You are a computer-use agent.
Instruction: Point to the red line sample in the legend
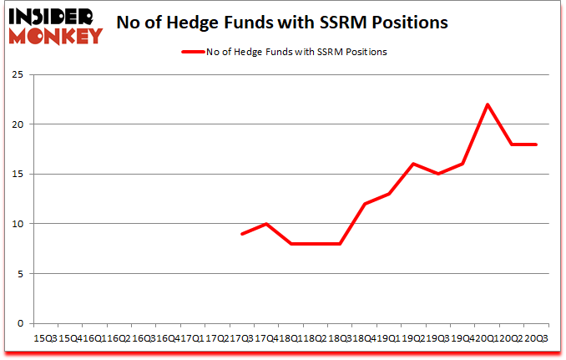click(193, 52)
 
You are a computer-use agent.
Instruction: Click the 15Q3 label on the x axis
click(45, 339)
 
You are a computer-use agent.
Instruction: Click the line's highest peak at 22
click(487, 104)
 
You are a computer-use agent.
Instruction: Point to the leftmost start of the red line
click(241, 234)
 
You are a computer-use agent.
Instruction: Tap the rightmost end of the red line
click(536, 145)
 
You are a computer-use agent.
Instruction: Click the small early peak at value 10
click(265, 224)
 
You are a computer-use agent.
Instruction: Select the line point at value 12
click(364, 204)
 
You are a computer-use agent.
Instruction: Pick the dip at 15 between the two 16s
click(437, 174)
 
